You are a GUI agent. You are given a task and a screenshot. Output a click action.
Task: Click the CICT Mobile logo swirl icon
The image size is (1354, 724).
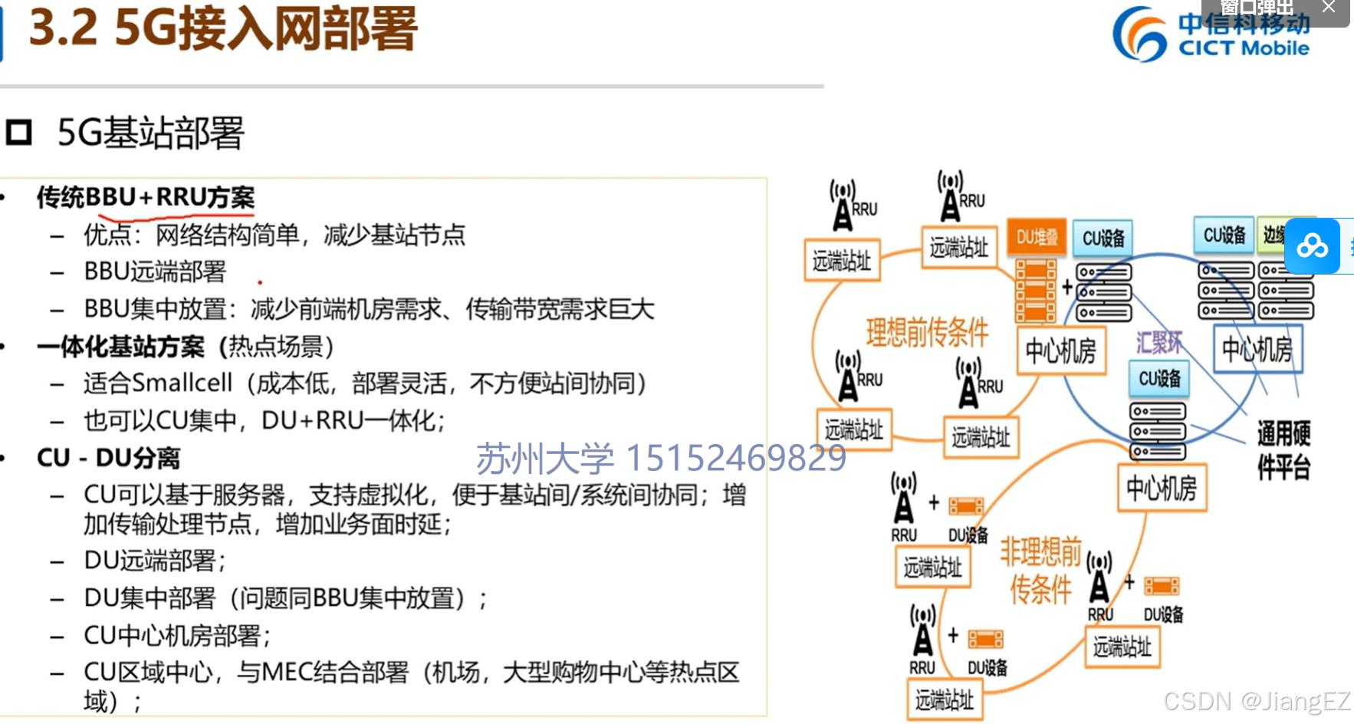(x=1139, y=35)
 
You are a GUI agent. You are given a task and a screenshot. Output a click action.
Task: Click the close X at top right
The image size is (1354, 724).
(x=1329, y=8)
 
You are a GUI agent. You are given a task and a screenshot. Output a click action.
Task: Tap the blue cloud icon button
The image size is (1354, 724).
(x=1312, y=246)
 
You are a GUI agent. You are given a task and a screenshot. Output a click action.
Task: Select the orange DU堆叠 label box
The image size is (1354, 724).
(x=1037, y=237)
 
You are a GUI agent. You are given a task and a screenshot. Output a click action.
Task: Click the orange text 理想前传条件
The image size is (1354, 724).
(x=926, y=333)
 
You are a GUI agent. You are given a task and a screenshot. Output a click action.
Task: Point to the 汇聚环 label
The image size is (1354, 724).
(x=1158, y=343)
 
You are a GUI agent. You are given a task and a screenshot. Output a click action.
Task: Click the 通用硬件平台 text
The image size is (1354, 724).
(x=1283, y=450)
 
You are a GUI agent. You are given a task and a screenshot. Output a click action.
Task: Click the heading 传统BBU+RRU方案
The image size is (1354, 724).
(x=146, y=197)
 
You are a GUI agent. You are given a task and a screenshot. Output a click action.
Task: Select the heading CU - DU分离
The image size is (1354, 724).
(x=108, y=458)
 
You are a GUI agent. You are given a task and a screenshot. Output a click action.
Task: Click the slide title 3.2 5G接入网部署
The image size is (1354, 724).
(x=223, y=29)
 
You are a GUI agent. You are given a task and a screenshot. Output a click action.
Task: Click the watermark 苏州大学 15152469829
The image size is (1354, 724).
(x=661, y=459)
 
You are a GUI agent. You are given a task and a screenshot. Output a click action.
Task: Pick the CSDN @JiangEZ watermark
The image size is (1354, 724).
(x=1256, y=701)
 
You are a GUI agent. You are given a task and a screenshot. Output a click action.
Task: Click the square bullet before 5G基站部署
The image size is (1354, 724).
(x=18, y=133)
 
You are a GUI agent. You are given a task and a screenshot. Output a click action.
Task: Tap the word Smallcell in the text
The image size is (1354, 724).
(x=182, y=383)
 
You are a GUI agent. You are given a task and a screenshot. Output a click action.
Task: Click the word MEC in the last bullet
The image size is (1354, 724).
(x=286, y=673)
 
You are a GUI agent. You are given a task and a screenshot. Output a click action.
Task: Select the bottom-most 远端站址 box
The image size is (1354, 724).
(x=944, y=700)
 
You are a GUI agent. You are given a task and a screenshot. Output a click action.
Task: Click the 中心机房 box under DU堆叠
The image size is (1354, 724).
(x=1060, y=351)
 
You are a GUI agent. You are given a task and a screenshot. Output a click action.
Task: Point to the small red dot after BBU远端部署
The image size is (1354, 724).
(x=260, y=283)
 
